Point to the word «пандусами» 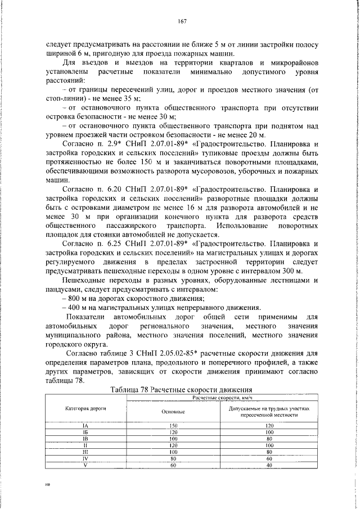click(x=65, y=289)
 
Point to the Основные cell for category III click(x=173, y=451)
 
